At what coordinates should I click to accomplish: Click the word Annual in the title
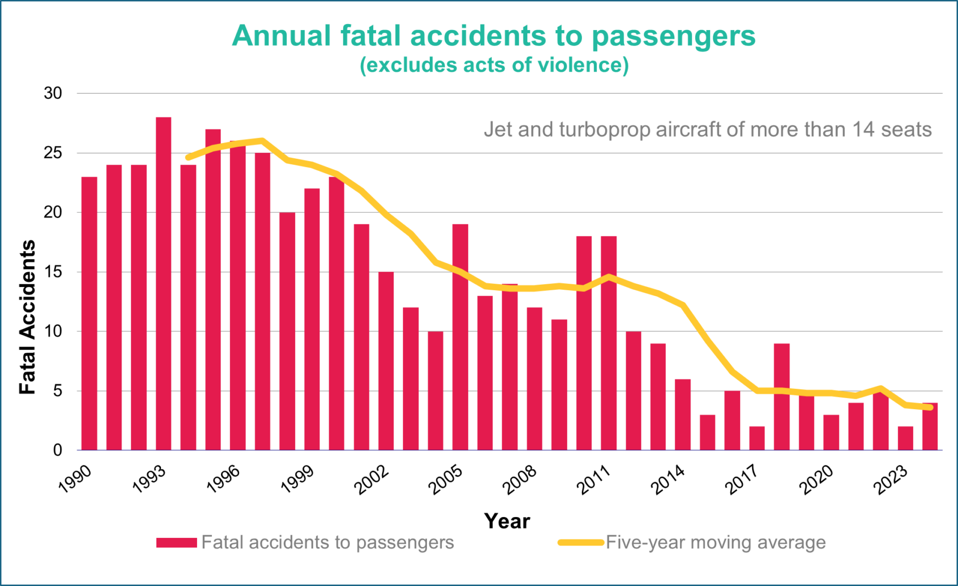click(x=281, y=36)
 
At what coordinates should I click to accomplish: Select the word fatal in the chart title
click(x=371, y=36)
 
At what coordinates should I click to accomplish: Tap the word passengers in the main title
click(x=673, y=37)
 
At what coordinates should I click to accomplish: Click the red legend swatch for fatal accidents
click(x=176, y=543)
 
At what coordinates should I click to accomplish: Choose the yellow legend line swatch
click(x=581, y=543)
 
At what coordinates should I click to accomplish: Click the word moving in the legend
click(x=721, y=543)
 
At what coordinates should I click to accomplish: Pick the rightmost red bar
click(x=930, y=427)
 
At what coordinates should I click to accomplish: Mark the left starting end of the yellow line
click(x=188, y=158)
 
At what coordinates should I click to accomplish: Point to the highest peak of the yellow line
click(x=262, y=141)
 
